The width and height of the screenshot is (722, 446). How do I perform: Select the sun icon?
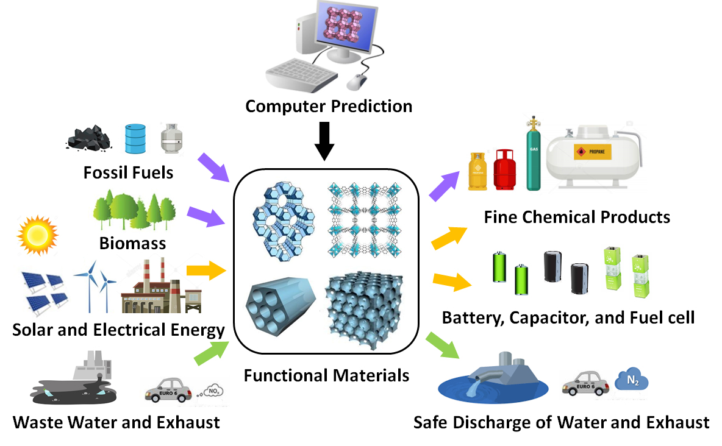(x=37, y=233)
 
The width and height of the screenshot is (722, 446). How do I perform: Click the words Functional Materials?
(x=326, y=375)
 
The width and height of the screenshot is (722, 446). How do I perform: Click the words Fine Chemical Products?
(x=577, y=216)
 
